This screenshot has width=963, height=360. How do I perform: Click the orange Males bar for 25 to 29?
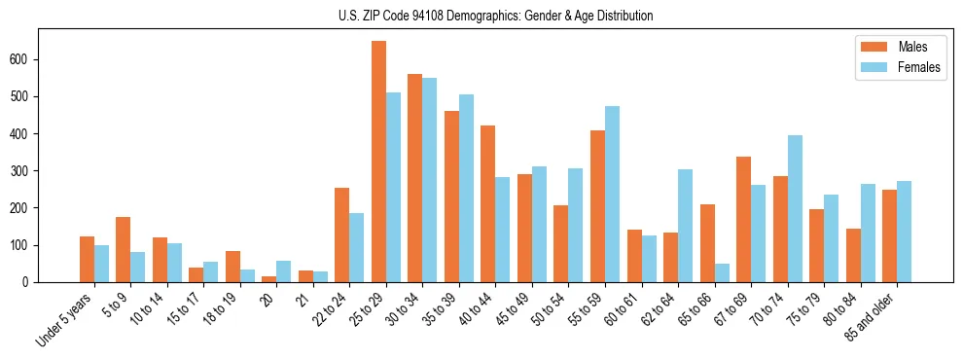point(378,162)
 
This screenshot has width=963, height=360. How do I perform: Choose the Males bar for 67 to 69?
point(743,219)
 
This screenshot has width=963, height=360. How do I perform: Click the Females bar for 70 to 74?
point(795,208)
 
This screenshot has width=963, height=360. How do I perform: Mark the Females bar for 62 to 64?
point(685,226)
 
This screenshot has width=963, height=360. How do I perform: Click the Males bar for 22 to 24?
point(341,234)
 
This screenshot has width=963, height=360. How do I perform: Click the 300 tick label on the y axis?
point(25,171)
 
